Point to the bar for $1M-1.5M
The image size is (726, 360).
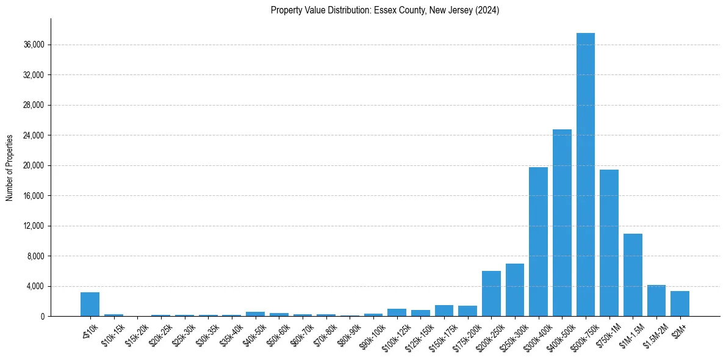pyautogui.click(x=633, y=275)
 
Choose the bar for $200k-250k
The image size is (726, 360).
pyautogui.click(x=491, y=293)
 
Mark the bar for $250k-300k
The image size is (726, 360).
pyautogui.click(x=515, y=290)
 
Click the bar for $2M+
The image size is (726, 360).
pyautogui.click(x=680, y=304)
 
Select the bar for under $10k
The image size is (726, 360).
pyautogui.click(x=90, y=304)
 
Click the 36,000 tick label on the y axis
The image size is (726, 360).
pyautogui.click(x=33, y=45)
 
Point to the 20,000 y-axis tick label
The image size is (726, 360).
pyautogui.click(x=33, y=165)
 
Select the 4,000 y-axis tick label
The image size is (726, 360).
pyautogui.click(x=35, y=286)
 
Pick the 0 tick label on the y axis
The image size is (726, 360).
pyautogui.click(x=42, y=316)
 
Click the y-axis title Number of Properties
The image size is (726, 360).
pyautogui.click(x=10, y=168)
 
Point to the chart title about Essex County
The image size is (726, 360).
pyautogui.click(x=385, y=10)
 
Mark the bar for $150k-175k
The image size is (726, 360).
pyautogui.click(x=444, y=311)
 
